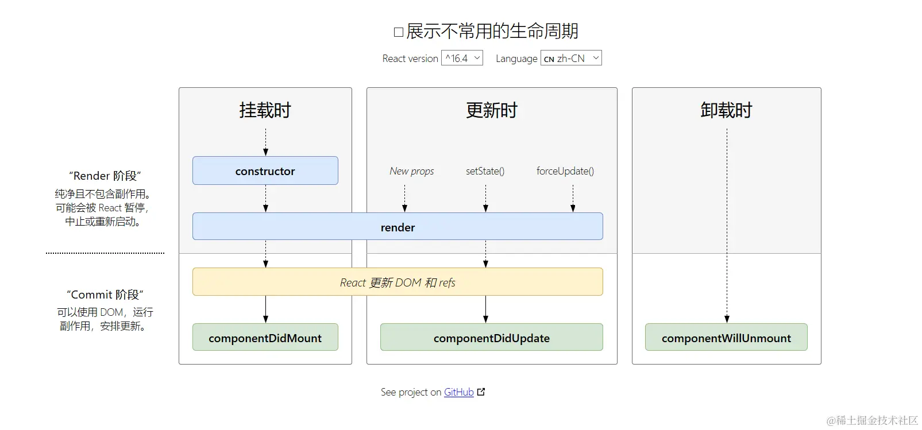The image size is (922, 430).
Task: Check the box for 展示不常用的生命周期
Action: click(x=398, y=32)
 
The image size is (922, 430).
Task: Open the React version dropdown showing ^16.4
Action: click(x=462, y=58)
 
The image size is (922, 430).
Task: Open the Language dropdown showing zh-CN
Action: click(x=570, y=58)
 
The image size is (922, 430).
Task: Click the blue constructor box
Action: click(x=265, y=171)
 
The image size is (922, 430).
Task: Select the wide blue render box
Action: click(x=398, y=227)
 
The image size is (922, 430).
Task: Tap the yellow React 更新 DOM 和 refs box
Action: click(x=398, y=282)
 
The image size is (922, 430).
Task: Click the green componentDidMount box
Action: click(x=265, y=338)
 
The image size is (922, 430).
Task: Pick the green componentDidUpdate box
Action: click(x=491, y=338)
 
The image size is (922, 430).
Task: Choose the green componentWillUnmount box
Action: click(x=726, y=338)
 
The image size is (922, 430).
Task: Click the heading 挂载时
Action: click(x=265, y=110)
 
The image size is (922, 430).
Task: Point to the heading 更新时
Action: click(x=492, y=110)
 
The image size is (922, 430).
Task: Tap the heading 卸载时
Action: click(x=726, y=110)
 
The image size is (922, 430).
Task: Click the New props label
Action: click(x=411, y=171)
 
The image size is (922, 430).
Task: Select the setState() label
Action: click(x=485, y=171)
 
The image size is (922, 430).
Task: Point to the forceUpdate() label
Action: click(x=565, y=171)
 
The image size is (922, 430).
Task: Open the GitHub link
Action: click(x=458, y=392)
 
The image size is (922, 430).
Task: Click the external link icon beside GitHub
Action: click(x=481, y=392)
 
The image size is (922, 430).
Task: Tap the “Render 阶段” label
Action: click(x=105, y=176)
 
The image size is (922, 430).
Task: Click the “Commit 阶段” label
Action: click(x=105, y=295)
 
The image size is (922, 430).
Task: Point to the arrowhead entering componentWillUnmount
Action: click(x=727, y=319)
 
